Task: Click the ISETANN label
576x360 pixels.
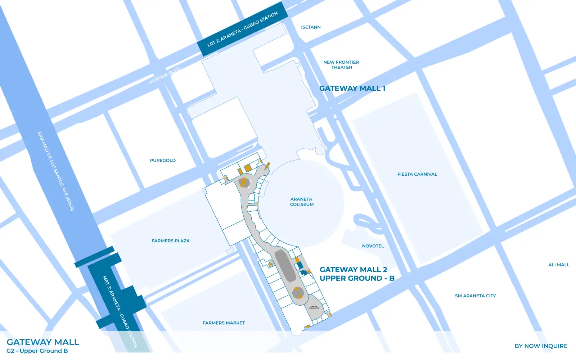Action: tap(311, 27)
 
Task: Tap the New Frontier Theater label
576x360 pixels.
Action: tap(341, 65)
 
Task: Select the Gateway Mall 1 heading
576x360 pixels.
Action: tap(352, 88)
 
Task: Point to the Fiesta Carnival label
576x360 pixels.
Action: tap(417, 174)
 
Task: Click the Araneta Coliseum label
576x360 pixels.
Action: tap(302, 202)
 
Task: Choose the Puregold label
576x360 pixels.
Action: tap(163, 161)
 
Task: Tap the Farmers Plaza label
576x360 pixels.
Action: tap(171, 241)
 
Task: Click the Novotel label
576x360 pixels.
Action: tap(373, 246)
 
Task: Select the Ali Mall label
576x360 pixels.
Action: tap(559, 265)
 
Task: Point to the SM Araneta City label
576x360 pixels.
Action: tap(475, 296)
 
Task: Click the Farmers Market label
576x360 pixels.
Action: tap(224, 323)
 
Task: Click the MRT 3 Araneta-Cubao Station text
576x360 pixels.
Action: tap(120, 312)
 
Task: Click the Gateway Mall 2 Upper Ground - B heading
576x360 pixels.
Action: tap(357, 274)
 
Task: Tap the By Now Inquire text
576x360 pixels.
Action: tap(541, 346)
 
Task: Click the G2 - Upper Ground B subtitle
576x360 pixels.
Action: tap(37, 351)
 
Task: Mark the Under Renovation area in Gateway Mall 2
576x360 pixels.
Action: tap(314, 307)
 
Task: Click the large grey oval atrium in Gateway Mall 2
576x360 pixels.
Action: tap(285, 266)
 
